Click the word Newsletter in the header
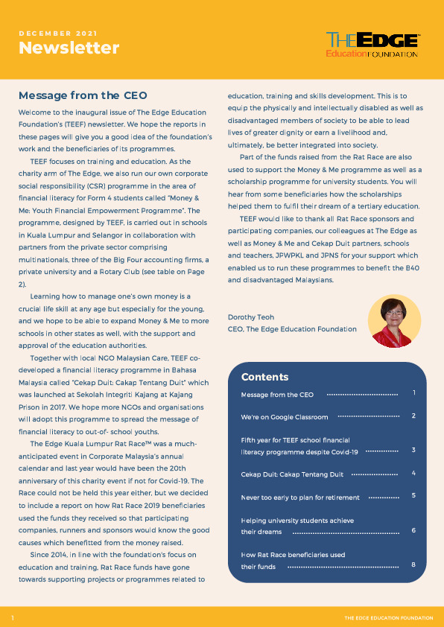tap(69, 48)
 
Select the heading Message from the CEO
tap(83, 95)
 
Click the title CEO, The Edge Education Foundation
tap(292, 329)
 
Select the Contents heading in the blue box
tap(264, 377)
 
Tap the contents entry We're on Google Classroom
tap(285, 417)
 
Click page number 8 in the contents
tap(413, 566)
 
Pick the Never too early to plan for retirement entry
tap(300, 497)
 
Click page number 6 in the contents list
tap(413, 531)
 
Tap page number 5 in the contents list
tap(413, 496)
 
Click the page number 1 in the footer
tap(13, 618)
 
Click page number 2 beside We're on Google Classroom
tap(413, 416)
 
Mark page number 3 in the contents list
tap(413, 451)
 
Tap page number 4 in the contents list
tap(413, 473)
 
